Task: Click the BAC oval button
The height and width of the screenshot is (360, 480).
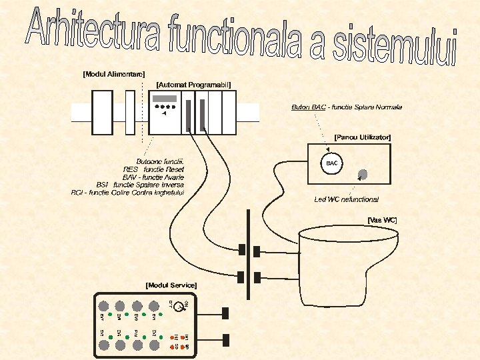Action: pos(332,163)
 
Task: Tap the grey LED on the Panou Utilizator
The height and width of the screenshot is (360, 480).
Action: pos(362,175)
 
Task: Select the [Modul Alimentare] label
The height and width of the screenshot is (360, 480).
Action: pos(114,74)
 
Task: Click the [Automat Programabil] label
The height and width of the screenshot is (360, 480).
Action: pos(193,85)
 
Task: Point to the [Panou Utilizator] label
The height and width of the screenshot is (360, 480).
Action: pos(362,137)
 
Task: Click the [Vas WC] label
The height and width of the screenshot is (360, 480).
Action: pos(382,219)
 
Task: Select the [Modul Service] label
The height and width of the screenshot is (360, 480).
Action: pos(171,285)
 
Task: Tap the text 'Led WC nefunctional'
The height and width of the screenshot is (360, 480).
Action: pos(346,199)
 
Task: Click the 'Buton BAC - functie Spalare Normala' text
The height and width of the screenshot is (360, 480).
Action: pos(347,107)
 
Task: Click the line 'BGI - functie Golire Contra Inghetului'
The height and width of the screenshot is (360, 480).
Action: pos(127,193)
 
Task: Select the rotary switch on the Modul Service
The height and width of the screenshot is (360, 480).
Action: pos(178,307)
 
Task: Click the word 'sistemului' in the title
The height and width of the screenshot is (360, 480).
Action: pos(393,47)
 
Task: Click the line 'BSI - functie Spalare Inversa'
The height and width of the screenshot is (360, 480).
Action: pos(140,185)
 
